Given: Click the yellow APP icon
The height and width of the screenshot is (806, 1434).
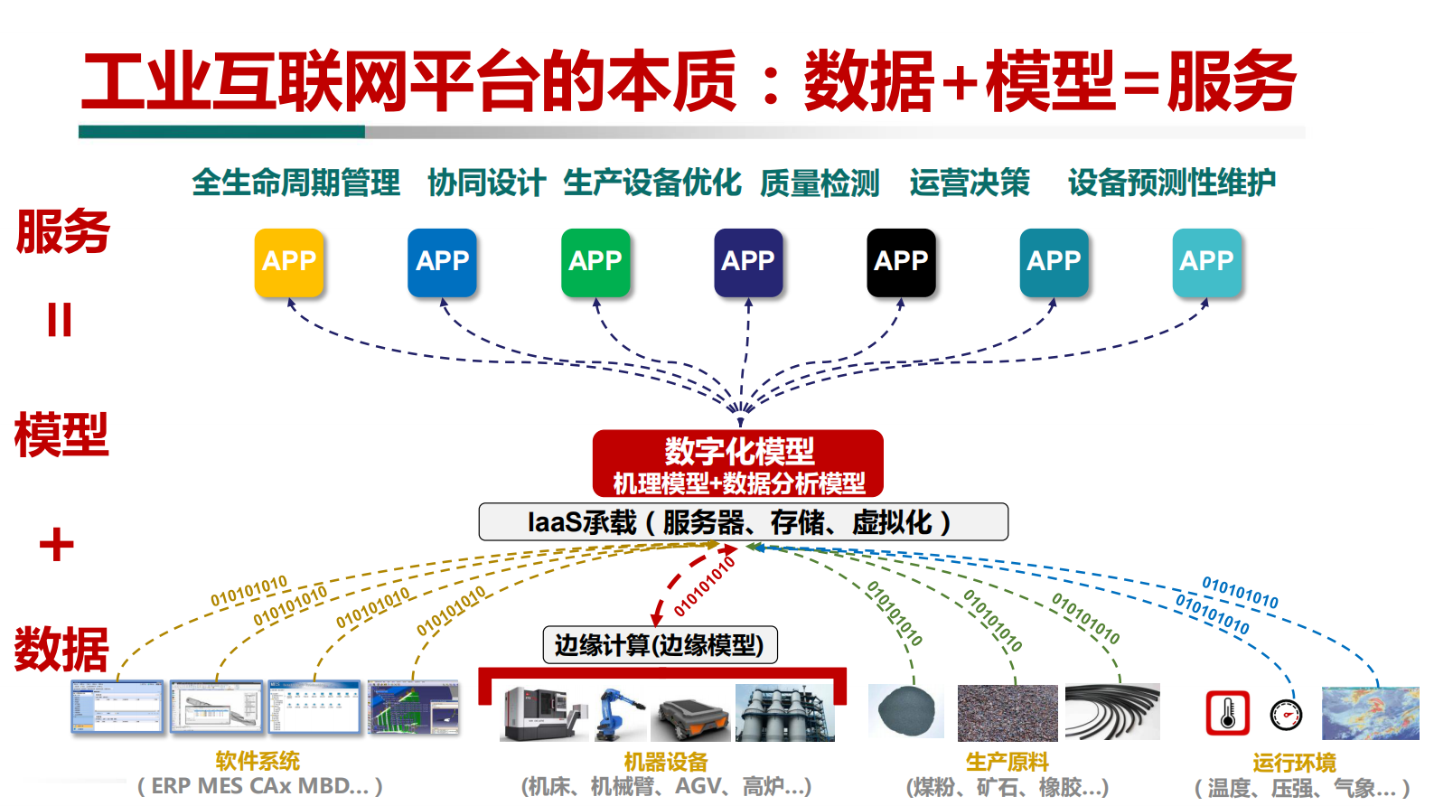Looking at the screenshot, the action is click(x=289, y=262).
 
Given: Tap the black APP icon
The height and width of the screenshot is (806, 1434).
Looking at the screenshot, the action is click(x=901, y=262).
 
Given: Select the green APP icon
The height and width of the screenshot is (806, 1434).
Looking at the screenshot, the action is click(x=595, y=262).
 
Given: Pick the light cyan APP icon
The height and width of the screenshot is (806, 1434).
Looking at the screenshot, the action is click(x=1207, y=262).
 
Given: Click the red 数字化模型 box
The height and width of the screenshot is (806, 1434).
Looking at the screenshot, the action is click(x=738, y=464).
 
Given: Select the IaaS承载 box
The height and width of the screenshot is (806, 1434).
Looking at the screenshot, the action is click(x=743, y=522).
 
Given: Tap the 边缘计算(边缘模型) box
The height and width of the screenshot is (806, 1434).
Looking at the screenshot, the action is click(x=660, y=645).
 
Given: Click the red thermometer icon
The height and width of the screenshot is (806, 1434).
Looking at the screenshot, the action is click(x=1228, y=713).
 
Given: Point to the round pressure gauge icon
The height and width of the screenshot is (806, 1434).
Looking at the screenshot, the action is click(x=1286, y=715).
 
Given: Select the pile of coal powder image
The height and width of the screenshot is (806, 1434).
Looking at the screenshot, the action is click(x=906, y=710).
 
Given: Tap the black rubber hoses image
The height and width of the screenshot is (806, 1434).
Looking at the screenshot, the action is click(x=1111, y=712).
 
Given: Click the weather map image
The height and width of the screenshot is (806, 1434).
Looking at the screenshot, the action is click(x=1370, y=713).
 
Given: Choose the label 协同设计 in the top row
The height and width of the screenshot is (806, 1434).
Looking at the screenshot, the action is click(x=486, y=183).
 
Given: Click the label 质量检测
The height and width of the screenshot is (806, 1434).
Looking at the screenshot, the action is click(x=820, y=183).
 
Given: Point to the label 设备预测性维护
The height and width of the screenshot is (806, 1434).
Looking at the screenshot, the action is click(x=1172, y=183).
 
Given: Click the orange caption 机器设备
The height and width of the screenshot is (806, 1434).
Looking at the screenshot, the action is click(x=666, y=763).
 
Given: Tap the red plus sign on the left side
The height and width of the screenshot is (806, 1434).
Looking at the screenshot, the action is click(x=57, y=545).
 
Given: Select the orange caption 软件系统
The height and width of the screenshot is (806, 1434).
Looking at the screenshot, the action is click(x=258, y=762).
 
